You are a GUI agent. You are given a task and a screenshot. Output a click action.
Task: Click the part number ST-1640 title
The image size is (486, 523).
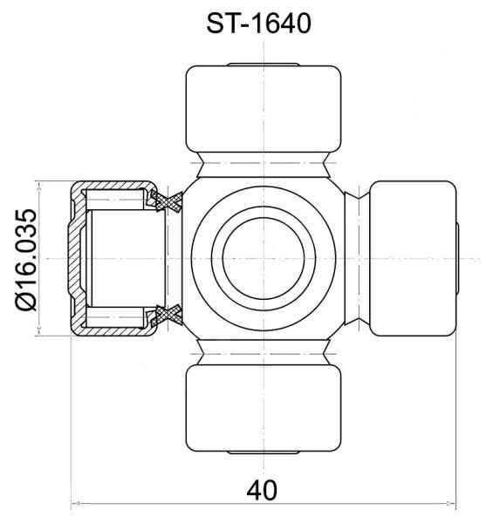click(x=258, y=24)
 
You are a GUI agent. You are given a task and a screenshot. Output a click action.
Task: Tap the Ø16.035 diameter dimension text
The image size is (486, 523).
click(x=25, y=260)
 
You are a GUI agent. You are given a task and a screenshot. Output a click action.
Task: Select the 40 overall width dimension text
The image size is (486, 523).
click(x=262, y=491)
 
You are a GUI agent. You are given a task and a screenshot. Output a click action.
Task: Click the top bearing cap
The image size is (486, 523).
click(x=264, y=109)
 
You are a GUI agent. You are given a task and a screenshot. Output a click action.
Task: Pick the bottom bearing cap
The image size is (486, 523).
click(x=264, y=408)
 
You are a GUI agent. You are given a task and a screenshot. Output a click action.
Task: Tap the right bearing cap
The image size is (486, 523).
click(x=414, y=259)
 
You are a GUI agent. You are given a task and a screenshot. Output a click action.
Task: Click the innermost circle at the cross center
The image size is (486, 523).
click(x=264, y=259)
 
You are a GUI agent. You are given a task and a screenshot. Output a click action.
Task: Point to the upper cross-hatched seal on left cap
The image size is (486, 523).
click(x=166, y=201)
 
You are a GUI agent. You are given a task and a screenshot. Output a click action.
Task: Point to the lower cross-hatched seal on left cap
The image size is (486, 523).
click(x=166, y=316)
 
